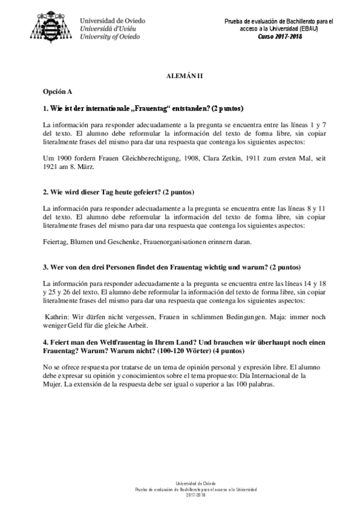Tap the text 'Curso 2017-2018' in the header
coord(280,36)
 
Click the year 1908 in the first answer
coord(193,158)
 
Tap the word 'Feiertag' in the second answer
coord(55,242)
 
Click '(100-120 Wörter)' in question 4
coord(179,349)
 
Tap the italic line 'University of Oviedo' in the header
coord(110,36)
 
